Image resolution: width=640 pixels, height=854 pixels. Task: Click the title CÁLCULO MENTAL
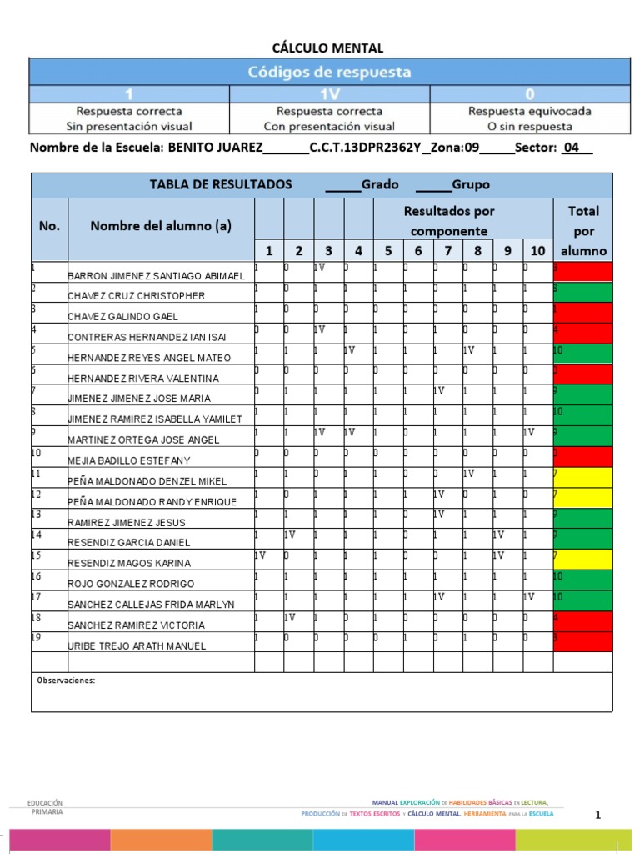[328, 48]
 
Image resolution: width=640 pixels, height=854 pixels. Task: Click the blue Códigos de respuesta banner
[328, 72]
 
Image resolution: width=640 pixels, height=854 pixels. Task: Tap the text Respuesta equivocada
[519, 111]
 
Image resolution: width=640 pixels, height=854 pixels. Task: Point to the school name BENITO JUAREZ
[215, 148]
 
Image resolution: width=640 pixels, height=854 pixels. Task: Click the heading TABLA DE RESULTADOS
[221, 185]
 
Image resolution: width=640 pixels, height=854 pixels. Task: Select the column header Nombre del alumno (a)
[161, 225]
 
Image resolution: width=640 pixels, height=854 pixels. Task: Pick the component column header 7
[448, 250]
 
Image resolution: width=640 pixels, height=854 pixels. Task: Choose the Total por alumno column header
[583, 230]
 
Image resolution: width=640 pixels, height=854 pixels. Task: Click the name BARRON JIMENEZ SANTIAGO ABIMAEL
[156, 275]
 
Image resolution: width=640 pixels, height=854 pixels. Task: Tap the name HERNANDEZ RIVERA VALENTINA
[142, 378]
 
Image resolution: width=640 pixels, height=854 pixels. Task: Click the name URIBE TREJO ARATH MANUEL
[137, 646]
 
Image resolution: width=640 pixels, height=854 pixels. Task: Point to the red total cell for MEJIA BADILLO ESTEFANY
[582, 456]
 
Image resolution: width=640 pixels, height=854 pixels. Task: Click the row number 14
[37, 535]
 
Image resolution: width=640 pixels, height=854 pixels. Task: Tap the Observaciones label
[66, 681]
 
